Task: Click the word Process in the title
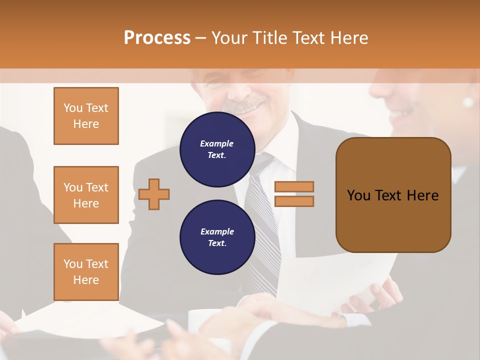(157, 37)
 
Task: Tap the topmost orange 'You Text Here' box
(86, 116)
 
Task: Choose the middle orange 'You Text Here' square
(86, 195)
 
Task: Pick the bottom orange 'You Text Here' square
(86, 272)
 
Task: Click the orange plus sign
(154, 193)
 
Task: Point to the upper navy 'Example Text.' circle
(217, 149)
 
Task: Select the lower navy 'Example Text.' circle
(217, 237)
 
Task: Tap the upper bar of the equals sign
(294, 186)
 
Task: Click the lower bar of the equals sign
(294, 201)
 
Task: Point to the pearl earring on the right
(468, 102)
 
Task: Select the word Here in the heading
(349, 37)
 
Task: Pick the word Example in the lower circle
(217, 231)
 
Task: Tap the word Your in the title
(228, 37)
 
